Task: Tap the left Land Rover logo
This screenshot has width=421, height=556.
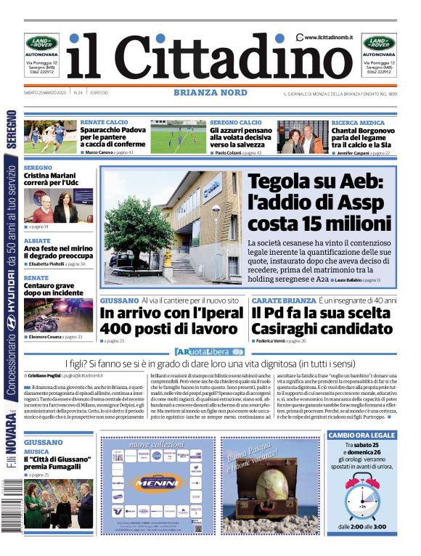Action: (x=43, y=43)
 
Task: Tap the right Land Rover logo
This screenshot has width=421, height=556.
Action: (x=379, y=43)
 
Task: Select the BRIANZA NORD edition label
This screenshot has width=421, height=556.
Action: (x=210, y=93)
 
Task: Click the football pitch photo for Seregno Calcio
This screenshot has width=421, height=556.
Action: (x=178, y=137)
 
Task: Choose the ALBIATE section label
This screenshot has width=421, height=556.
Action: (x=37, y=240)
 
